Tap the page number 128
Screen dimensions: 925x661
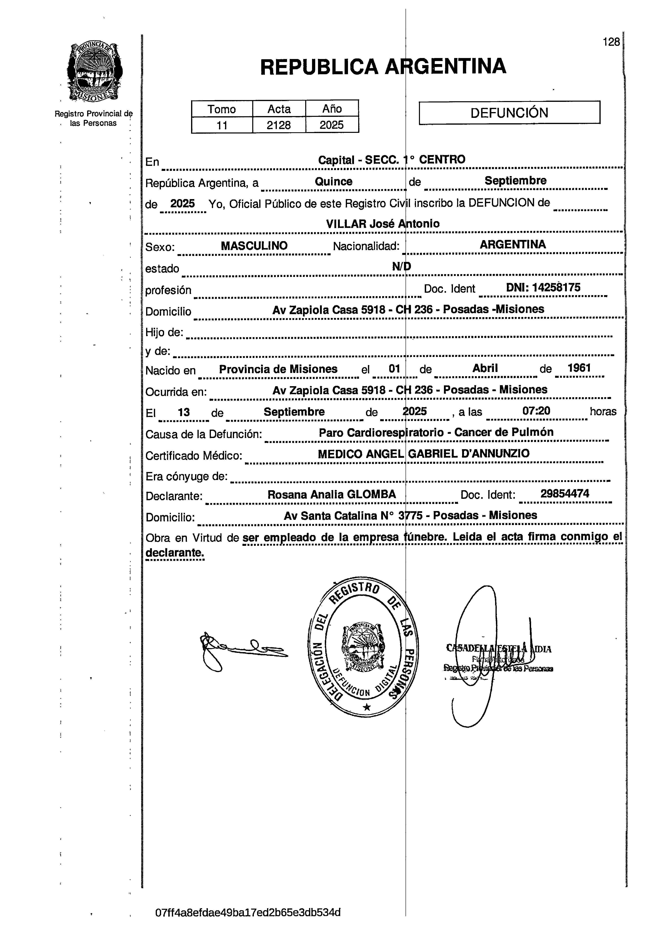tap(611, 42)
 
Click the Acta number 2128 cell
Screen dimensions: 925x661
tap(279, 125)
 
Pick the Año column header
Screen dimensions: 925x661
tap(332, 109)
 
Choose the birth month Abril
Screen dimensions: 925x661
tap(485, 368)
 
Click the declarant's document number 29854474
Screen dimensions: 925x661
tap(564, 494)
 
